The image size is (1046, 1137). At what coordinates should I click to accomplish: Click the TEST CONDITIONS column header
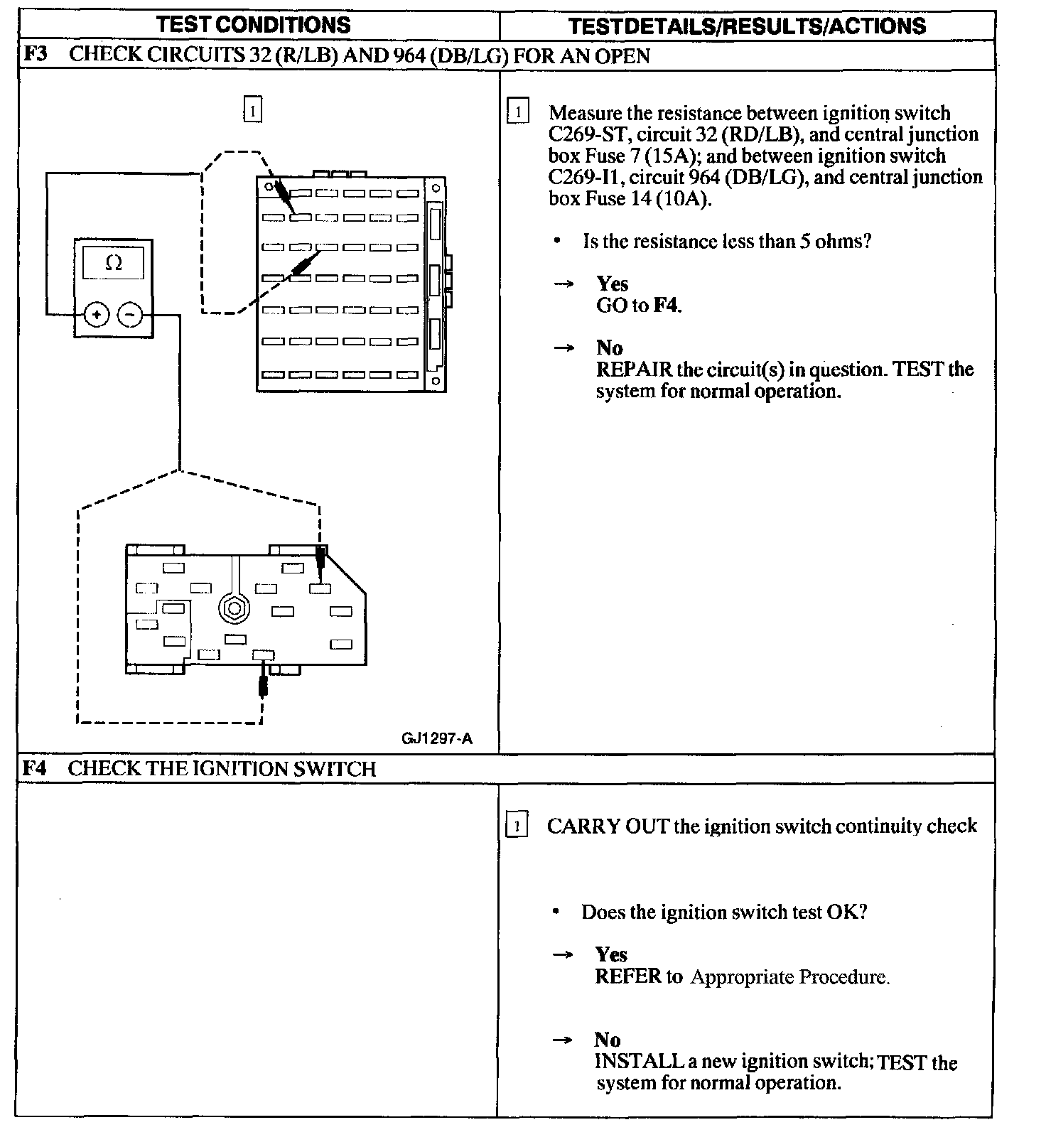click(x=254, y=25)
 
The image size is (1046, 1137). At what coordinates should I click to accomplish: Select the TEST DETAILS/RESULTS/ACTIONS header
click(x=747, y=26)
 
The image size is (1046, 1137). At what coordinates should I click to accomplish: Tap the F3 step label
click(x=35, y=55)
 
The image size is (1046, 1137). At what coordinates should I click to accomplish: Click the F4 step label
click(x=35, y=768)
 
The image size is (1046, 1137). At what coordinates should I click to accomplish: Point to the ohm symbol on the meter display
click(x=114, y=264)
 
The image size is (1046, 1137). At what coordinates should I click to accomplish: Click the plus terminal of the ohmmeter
click(x=97, y=314)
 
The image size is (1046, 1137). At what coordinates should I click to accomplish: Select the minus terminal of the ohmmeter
click(x=129, y=314)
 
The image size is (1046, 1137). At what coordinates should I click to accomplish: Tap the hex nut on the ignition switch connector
click(x=233, y=608)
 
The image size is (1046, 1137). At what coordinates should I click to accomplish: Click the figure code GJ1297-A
click(x=436, y=738)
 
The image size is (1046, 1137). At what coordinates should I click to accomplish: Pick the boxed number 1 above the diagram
click(x=252, y=110)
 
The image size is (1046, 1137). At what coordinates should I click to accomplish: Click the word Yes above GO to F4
click(x=612, y=284)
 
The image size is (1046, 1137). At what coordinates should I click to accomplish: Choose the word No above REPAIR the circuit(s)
click(x=609, y=348)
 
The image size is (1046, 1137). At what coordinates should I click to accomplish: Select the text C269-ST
click(x=588, y=135)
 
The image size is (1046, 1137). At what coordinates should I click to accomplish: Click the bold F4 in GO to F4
click(x=667, y=306)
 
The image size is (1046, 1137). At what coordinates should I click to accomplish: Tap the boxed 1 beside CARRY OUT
click(x=517, y=826)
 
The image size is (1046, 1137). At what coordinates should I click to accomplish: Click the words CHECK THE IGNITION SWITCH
click(x=222, y=768)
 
